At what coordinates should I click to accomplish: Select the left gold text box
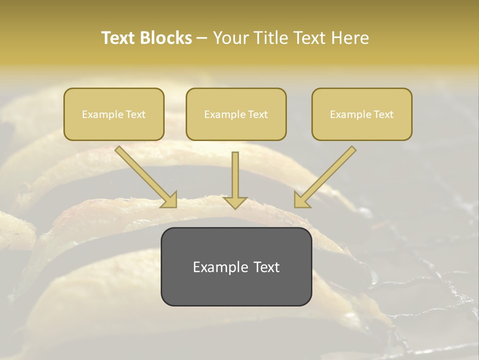(114, 114)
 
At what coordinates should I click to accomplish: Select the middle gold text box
(236, 114)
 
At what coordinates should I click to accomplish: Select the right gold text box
(362, 114)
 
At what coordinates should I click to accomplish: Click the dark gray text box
(236, 266)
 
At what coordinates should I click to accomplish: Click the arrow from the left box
(145, 176)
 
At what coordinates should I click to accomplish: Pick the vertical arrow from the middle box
(235, 177)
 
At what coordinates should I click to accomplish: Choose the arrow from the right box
(326, 176)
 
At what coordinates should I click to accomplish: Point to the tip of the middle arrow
(235, 208)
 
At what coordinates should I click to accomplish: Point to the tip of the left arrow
(176, 206)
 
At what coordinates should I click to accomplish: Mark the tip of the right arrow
(295, 206)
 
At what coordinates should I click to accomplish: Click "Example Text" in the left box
(114, 114)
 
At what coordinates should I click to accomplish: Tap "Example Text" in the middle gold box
(236, 114)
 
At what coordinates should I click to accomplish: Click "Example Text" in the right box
(362, 114)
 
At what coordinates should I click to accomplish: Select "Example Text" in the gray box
(236, 266)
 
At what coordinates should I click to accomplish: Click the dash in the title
(202, 38)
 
